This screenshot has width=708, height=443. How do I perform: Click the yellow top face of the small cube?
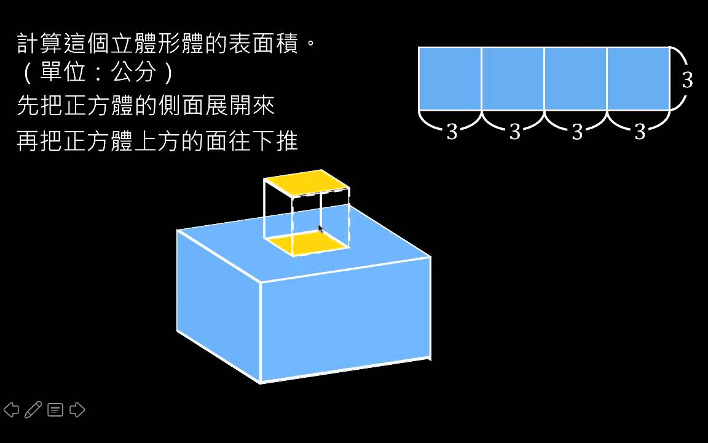pos(307,183)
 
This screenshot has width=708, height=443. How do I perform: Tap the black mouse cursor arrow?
pos(321,229)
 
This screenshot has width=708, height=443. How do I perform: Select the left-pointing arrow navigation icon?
pos(11,410)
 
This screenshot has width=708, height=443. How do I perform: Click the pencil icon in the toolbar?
pos(33,410)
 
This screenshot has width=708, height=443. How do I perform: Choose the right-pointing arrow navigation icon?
pos(77,410)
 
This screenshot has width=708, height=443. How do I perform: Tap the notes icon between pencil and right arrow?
pos(55,410)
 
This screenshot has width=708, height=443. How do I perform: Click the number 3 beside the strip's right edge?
pos(687,80)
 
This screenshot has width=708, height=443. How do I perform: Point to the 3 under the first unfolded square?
pos(452,132)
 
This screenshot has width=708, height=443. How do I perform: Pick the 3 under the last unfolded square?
pos(640,132)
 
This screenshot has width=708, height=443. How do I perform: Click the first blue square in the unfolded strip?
pos(450,79)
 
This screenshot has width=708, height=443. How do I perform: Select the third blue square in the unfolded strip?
pos(575,79)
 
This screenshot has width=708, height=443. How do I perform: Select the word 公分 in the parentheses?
pos(133,71)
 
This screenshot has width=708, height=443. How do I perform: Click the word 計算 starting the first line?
pos(39,44)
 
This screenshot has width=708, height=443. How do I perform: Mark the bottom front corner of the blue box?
pos(261,383)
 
